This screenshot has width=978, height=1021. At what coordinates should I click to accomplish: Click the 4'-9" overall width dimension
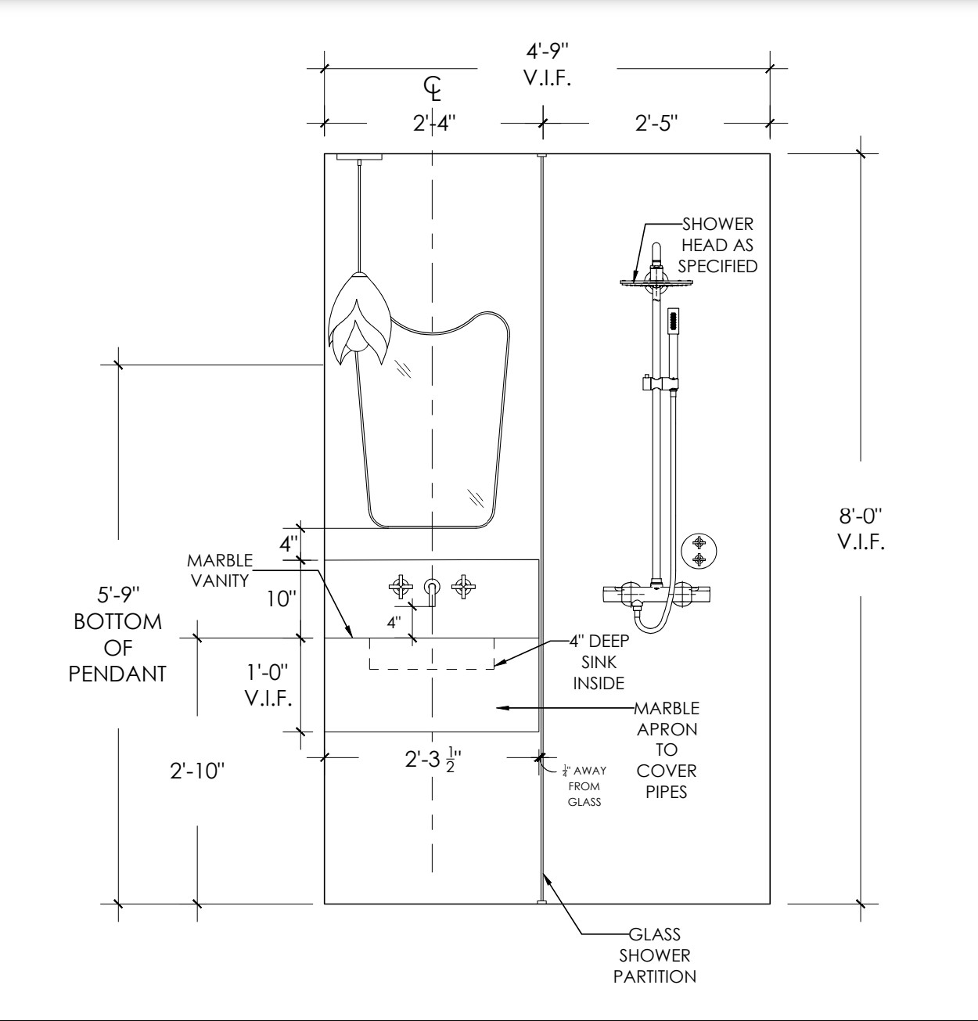[x=547, y=64]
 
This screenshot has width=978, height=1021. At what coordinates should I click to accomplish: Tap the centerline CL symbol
[x=433, y=88]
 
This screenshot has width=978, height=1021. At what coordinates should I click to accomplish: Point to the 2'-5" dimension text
[x=656, y=123]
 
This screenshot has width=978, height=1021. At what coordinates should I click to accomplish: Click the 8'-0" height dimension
[x=861, y=528]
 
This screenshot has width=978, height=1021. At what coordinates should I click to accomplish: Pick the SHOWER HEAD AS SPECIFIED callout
[x=717, y=245]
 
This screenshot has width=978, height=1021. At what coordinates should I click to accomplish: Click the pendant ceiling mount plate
[x=360, y=156]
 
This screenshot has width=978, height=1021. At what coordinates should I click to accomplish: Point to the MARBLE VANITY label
[x=220, y=570]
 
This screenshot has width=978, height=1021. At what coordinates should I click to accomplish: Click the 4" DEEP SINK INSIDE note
[x=599, y=662]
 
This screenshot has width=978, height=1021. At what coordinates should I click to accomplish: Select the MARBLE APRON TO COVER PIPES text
[x=667, y=750]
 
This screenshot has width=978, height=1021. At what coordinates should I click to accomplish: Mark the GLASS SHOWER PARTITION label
[x=655, y=954]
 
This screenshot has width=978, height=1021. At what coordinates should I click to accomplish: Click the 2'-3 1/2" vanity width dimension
[x=433, y=758]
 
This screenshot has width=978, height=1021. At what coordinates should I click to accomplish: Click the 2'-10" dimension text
[x=197, y=771]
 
